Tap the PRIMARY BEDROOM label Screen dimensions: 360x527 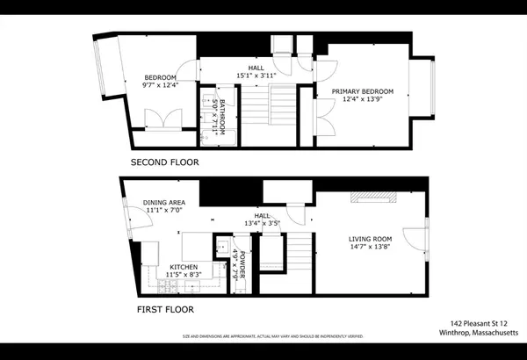point(362,91)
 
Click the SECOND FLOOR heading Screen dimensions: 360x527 point(164,162)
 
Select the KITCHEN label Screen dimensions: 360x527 point(184,267)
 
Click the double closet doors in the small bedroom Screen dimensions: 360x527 point(161,119)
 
